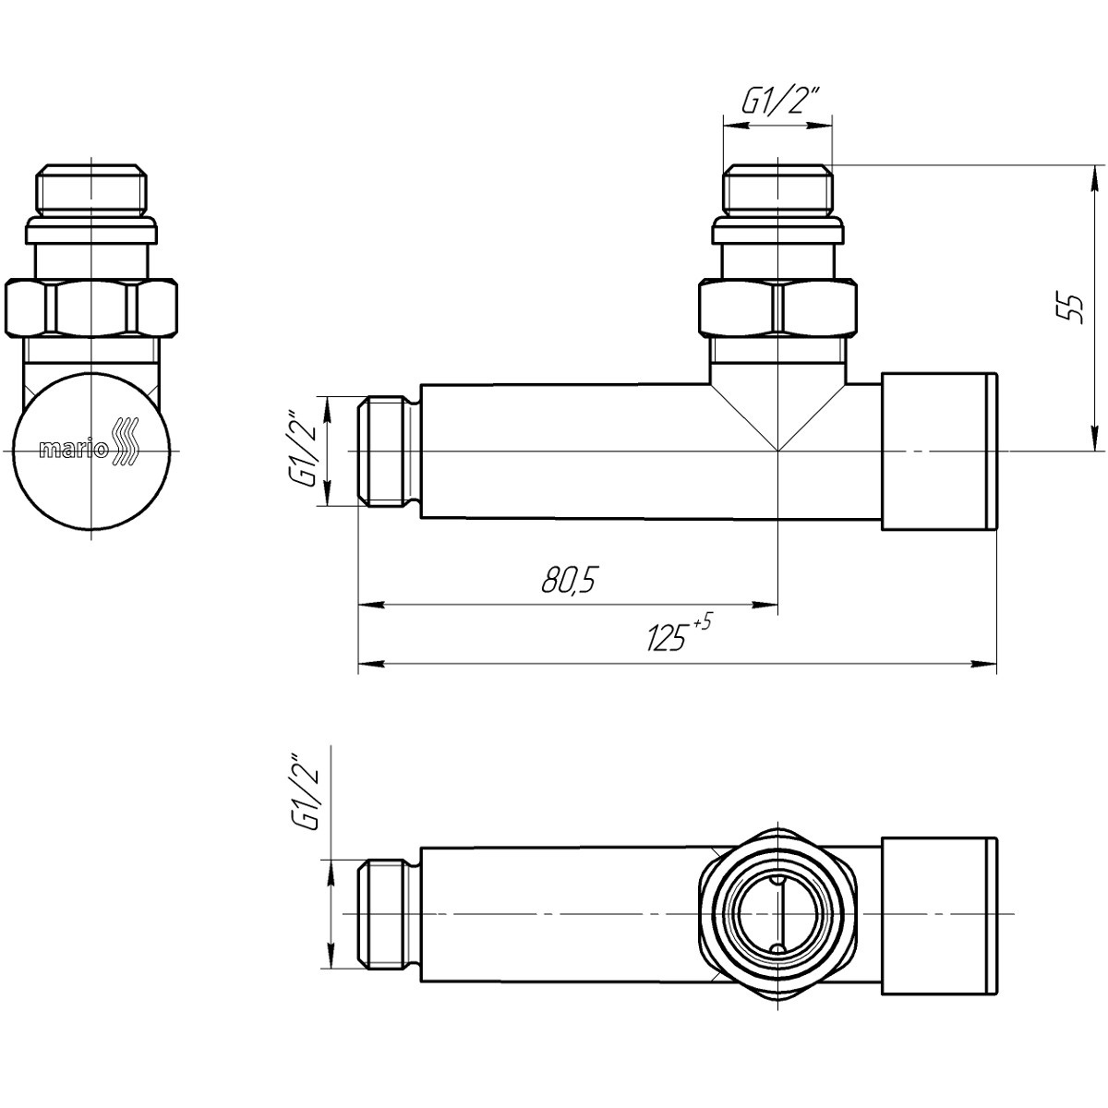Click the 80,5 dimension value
pyautogui.click(x=567, y=580)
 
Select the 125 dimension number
pyautogui.click(x=666, y=638)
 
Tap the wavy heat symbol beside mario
pyautogui.click(x=126, y=441)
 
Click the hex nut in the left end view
pyautogui.click(x=91, y=307)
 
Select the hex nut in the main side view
pyautogui.click(x=778, y=307)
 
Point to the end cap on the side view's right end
pyautogui.click(x=939, y=452)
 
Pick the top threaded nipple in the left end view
pyautogui.click(x=91, y=189)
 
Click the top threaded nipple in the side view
pyautogui.click(x=778, y=189)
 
